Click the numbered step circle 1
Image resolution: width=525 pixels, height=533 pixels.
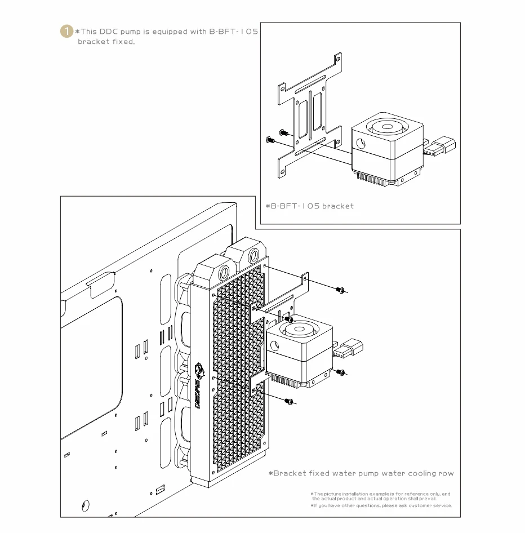(66, 32)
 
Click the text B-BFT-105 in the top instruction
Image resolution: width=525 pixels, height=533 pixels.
(234, 32)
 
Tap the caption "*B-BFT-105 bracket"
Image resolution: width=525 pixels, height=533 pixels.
(309, 206)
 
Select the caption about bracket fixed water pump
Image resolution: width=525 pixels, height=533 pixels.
(361, 473)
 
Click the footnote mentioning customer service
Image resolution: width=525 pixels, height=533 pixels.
(381, 505)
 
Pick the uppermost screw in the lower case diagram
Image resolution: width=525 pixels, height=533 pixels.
(340, 290)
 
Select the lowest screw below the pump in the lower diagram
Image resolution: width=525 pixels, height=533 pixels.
(289, 401)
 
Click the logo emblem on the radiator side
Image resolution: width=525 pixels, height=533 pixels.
(199, 371)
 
